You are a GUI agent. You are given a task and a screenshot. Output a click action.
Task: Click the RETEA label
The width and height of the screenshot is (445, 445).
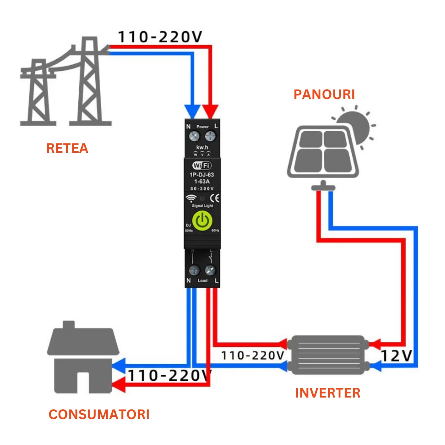point(67,148)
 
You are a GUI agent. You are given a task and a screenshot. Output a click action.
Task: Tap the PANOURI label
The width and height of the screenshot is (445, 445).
point(324,95)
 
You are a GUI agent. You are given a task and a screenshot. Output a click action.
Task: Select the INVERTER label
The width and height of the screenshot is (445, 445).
point(327,393)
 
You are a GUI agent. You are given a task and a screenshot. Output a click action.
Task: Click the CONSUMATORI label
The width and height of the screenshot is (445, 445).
point(99,415)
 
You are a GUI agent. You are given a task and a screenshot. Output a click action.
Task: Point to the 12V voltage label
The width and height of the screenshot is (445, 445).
point(396,356)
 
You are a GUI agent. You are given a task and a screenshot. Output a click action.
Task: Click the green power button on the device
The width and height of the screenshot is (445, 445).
point(202,221)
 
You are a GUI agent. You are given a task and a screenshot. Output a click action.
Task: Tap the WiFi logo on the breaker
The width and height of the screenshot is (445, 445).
point(202,165)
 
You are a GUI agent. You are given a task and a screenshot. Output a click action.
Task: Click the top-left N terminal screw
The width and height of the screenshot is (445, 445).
point(194,136)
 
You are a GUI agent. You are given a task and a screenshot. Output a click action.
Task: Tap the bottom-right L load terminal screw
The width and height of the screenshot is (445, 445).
point(210,270)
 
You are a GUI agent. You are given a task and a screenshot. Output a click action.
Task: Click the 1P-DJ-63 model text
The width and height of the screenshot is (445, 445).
point(202,175)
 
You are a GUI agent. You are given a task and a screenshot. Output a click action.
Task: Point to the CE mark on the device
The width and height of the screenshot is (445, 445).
point(214,198)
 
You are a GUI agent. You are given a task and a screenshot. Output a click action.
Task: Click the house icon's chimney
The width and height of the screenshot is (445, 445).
point(68,326)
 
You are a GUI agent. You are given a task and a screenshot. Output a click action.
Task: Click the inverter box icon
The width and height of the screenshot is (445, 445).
point(328,355)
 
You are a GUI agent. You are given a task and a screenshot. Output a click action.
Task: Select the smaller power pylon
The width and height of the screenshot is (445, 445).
point(38,93)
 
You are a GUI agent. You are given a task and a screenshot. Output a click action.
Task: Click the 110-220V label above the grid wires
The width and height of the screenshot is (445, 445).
point(160,37)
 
